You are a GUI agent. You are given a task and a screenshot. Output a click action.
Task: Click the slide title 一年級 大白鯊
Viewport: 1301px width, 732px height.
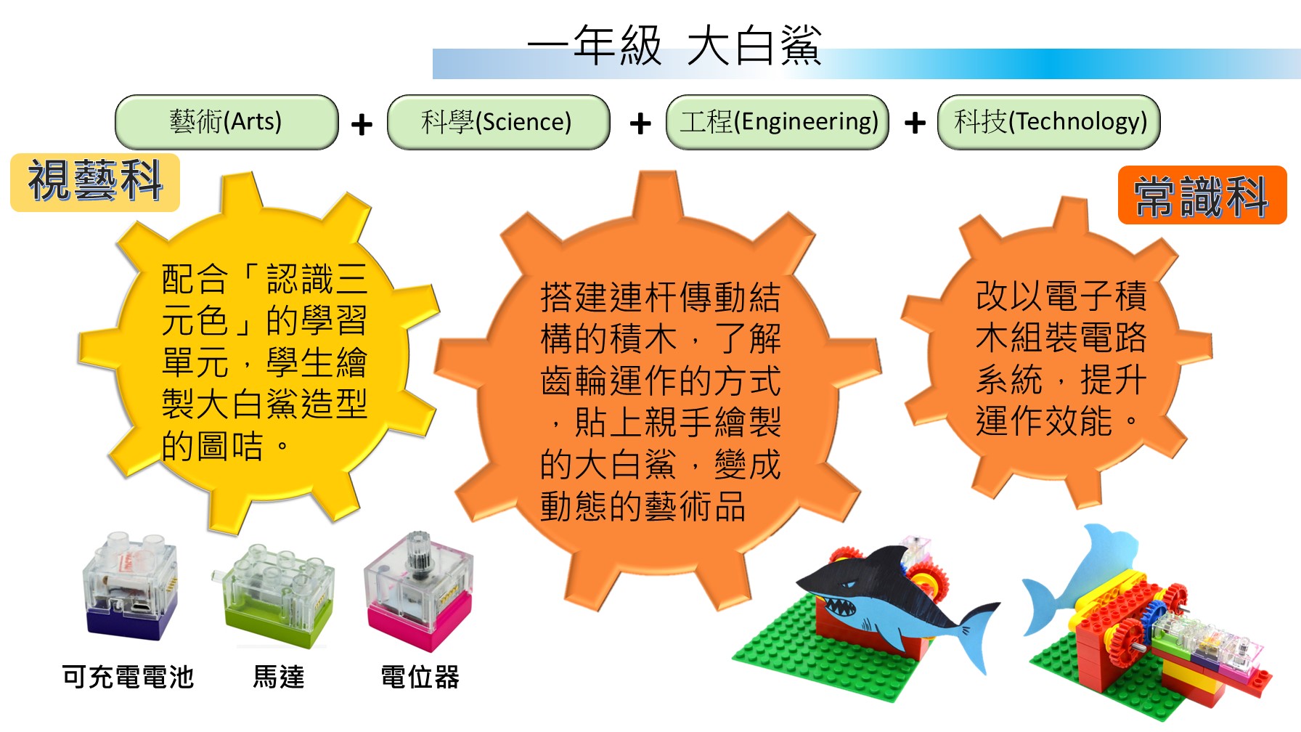point(674,45)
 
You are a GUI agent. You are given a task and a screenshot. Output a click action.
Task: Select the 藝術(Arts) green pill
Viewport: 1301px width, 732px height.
point(227,122)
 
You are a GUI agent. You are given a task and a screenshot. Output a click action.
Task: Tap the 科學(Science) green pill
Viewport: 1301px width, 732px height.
point(498,122)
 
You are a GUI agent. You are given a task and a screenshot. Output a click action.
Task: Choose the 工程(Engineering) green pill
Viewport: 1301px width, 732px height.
point(778,122)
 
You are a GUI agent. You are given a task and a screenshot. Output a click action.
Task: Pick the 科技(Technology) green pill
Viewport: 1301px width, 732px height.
point(1049,122)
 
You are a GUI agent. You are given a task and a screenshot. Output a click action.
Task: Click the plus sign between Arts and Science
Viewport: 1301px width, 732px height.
point(362,125)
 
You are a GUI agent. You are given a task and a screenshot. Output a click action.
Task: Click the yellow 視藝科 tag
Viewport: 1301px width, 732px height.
point(95,182)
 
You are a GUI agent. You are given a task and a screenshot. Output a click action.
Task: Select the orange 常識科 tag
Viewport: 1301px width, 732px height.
point(1202,195)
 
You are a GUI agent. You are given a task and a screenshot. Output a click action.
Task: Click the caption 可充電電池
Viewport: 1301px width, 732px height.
point(128,677)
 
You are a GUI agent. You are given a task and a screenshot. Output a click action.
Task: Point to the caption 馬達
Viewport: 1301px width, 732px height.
point(279,677)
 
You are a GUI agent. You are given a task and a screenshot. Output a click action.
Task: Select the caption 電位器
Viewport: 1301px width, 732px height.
point(420,677)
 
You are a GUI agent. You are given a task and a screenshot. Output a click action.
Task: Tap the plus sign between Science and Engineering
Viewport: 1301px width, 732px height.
point(640,123)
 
